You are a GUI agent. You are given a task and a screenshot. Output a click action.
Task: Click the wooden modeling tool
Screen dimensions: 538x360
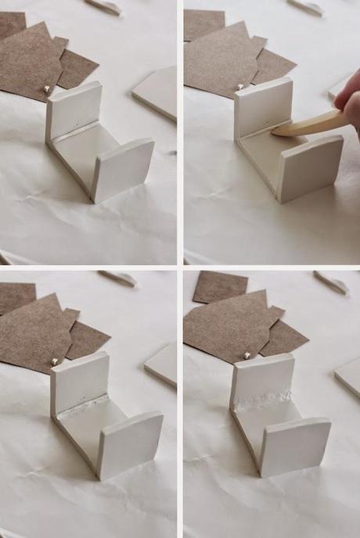click(x=309, y=125)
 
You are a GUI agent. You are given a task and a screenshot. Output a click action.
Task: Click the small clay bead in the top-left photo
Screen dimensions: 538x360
click(x=48, y=90)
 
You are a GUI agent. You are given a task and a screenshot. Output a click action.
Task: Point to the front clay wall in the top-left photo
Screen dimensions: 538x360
click(x=123, y=168)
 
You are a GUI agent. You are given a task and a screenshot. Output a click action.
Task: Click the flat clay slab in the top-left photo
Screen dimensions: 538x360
click(x=157, y=92)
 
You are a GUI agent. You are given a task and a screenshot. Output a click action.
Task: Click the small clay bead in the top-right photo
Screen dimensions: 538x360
click(x=239, y=87)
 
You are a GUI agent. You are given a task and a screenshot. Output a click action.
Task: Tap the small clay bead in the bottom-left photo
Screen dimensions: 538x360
click(x=55, y=361)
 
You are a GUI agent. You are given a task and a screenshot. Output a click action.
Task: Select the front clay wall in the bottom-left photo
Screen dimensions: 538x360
click(x=130, y=443)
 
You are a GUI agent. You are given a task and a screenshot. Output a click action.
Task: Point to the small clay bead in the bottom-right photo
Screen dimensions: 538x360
click(x=246, y=355)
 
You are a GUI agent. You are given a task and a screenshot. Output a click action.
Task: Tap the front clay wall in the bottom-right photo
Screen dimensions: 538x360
click(x=296, y=446)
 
